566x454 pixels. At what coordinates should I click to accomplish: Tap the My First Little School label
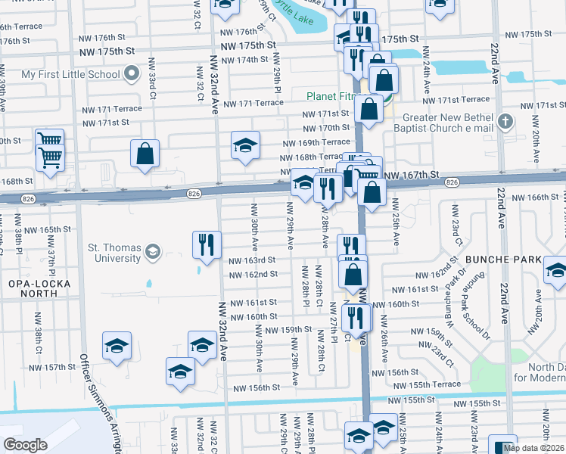[70, 74]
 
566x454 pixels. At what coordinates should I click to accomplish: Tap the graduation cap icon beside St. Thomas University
[153, 251]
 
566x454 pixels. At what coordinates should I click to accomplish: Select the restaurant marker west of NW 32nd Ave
[207, 244]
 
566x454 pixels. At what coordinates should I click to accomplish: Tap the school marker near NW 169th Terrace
[245, 145]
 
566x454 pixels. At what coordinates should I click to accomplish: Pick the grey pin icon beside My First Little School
[132, 74]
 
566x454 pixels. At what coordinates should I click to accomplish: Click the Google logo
[24, 445]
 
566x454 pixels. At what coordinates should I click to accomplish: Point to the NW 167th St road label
[412, 176]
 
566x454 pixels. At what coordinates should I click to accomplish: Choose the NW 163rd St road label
[252, 260]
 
